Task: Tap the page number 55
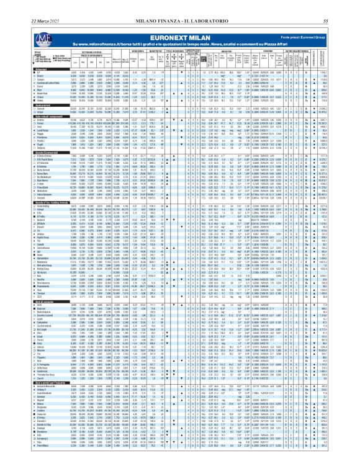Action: pos(343,6)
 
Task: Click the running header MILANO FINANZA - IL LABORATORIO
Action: pos(179,6)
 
